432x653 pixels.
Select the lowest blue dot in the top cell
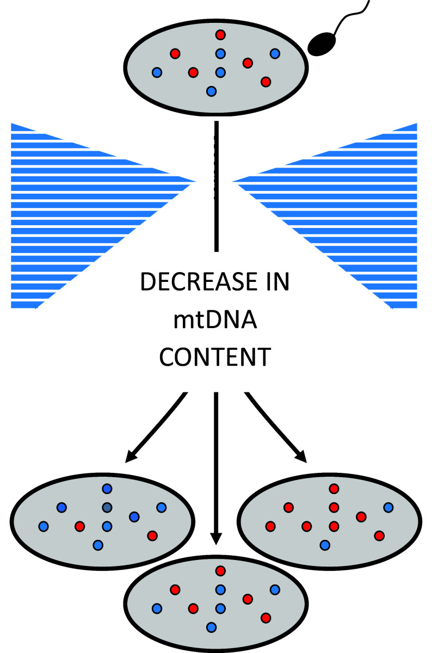pos(212,91)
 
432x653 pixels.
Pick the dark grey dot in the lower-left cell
pos(107,508)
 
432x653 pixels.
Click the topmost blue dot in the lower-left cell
pos(107,489)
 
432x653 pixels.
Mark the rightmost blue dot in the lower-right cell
pos(388,508)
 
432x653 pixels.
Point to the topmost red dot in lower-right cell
pos(334,489)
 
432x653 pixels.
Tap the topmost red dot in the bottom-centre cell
pos(220,571)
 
